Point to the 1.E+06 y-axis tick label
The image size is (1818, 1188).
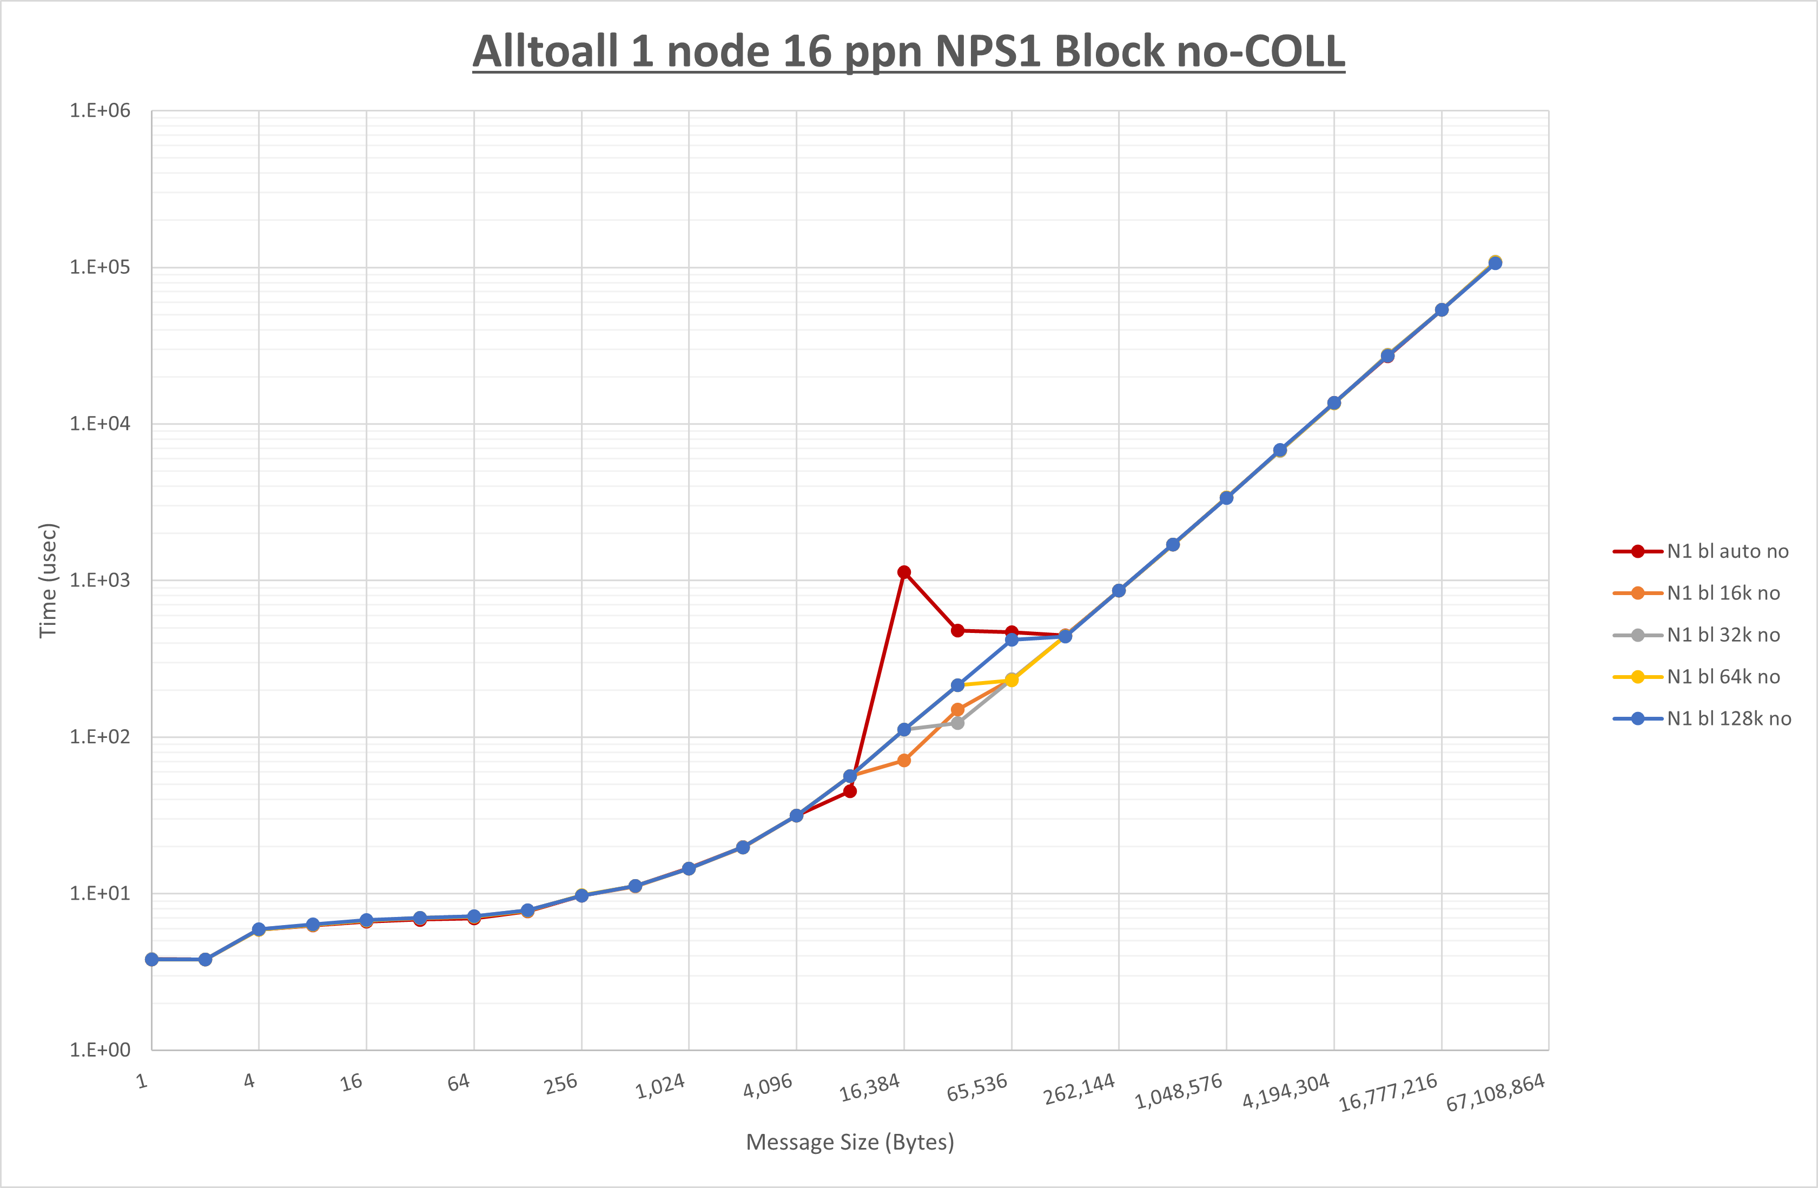click(100, 111)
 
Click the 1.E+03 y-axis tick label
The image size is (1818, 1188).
click(100, 580)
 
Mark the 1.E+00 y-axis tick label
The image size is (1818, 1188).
click(100, 1050)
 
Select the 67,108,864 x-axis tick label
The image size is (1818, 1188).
click(1496, 1092)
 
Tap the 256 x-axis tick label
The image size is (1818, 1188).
click(561, 1084)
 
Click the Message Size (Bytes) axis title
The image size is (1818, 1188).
click(849, 1142)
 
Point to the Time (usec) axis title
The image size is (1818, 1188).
click(48, 580)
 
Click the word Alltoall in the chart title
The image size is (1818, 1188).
click(545, 52)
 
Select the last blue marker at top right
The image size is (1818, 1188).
click(1495, 263)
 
